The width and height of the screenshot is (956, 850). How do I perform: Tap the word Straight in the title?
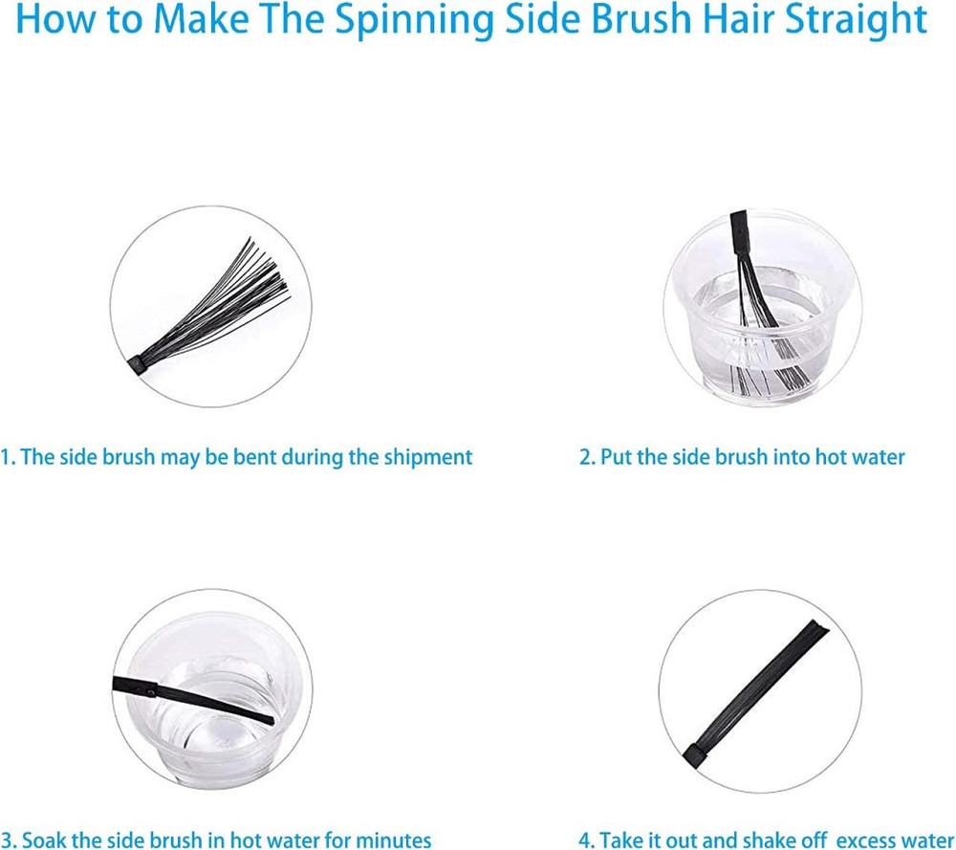(x=856, y=19)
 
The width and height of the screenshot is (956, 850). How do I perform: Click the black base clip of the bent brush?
(x=139, y=364)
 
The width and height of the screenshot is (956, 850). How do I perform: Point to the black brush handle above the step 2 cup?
(x=740, y=232)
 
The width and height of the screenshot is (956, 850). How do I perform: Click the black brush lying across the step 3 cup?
(x=193, y=700)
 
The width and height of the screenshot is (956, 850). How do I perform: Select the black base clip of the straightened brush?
(x=694, y=756)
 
